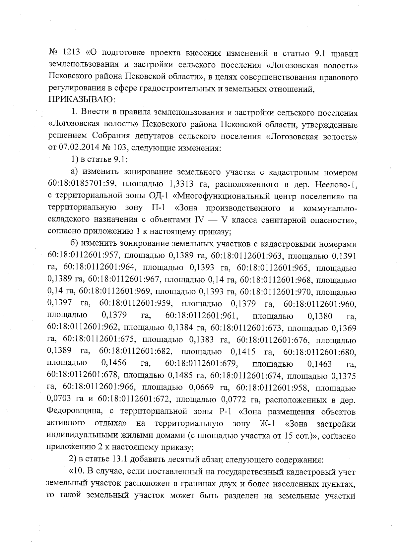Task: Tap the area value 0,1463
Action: [320, 364]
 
